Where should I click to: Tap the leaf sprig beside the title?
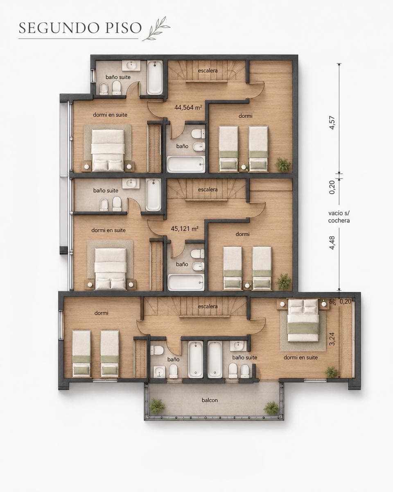tap(157, 29)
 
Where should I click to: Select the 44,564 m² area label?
tap(188, 107)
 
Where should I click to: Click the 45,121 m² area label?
tap(185, 229)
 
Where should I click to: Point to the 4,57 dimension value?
tap(332, 123)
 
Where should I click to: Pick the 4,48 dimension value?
tap(332, 243)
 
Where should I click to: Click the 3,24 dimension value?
tap(332, 339)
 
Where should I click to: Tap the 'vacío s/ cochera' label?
tap(339, 217)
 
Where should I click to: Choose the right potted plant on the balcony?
tap(271, 407)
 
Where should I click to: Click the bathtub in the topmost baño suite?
tap(155, 77)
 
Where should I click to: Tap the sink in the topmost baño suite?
tap(131, 65)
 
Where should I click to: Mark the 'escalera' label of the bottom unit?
tap(208, 306)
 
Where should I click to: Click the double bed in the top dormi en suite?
tap(108, 150)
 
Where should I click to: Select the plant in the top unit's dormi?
tap(283, 164)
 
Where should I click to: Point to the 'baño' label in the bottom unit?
tap(173, 360)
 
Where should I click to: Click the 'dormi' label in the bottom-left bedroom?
tap(102, 313)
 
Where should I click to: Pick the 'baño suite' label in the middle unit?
tap(106, 190)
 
